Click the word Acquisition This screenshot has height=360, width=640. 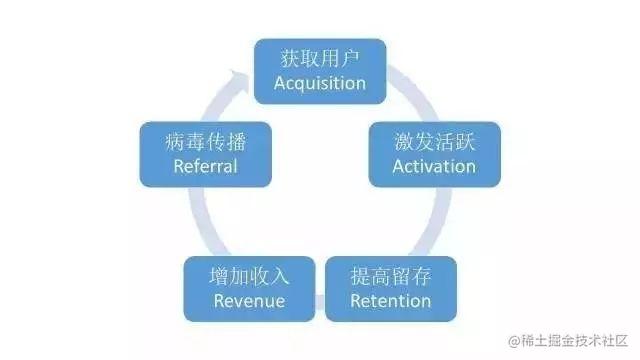point(320,83)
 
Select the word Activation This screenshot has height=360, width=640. point(434,166)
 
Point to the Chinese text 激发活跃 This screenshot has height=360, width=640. point(434,141)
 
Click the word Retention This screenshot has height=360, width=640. point(391,300)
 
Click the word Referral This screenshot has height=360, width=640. point(205,166)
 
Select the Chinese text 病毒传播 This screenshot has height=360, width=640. point(205,141)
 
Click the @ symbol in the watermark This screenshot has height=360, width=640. point(515,340)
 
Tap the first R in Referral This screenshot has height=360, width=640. point(178,166)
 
